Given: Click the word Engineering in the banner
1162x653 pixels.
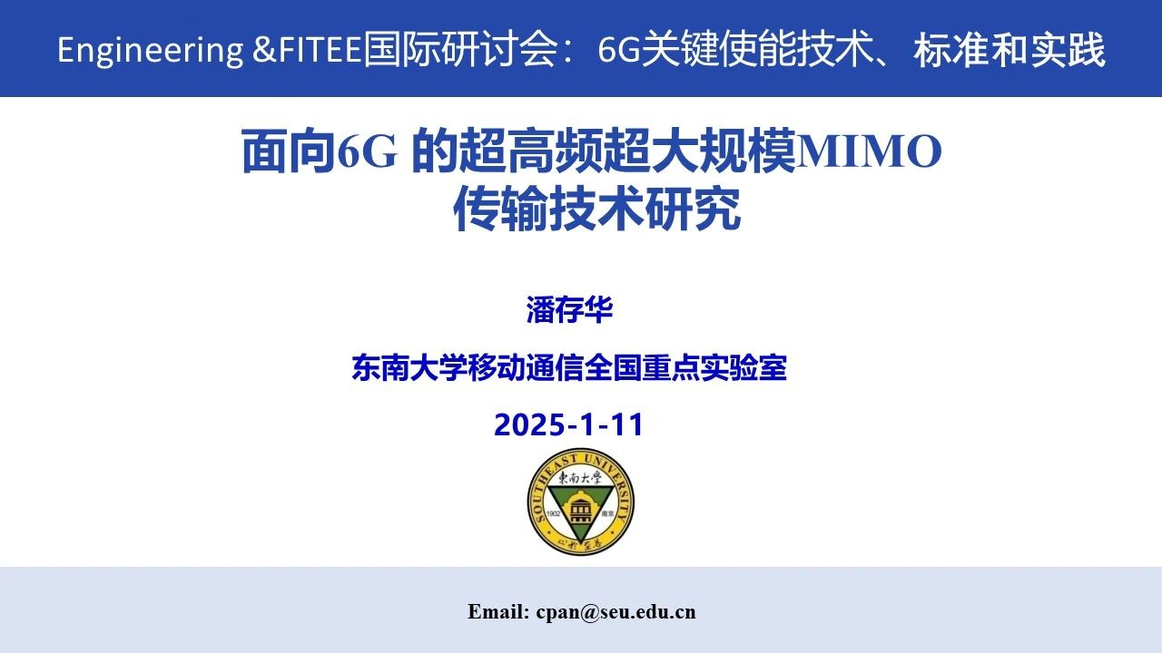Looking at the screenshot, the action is pos(150,51).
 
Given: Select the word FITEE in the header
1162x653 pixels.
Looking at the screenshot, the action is pos(320,50).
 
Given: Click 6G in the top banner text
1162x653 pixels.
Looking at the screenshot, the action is pos(618,50).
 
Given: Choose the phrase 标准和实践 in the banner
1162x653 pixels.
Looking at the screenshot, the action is pos(1009,50).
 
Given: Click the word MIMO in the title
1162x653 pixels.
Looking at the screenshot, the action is pos(869,151).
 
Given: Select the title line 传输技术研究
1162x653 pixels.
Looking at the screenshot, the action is pos(596,208).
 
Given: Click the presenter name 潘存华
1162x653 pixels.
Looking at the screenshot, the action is pos(569,310).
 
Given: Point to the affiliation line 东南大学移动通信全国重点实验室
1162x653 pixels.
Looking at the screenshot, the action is pos(569,367).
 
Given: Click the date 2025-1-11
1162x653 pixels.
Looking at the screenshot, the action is pos(568,424).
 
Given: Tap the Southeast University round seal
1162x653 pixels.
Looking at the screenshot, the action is pos(580,502).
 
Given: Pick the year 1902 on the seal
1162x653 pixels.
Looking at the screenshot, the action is pos(554,513).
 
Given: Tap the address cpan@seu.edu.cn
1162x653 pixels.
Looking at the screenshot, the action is pos(615,612).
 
